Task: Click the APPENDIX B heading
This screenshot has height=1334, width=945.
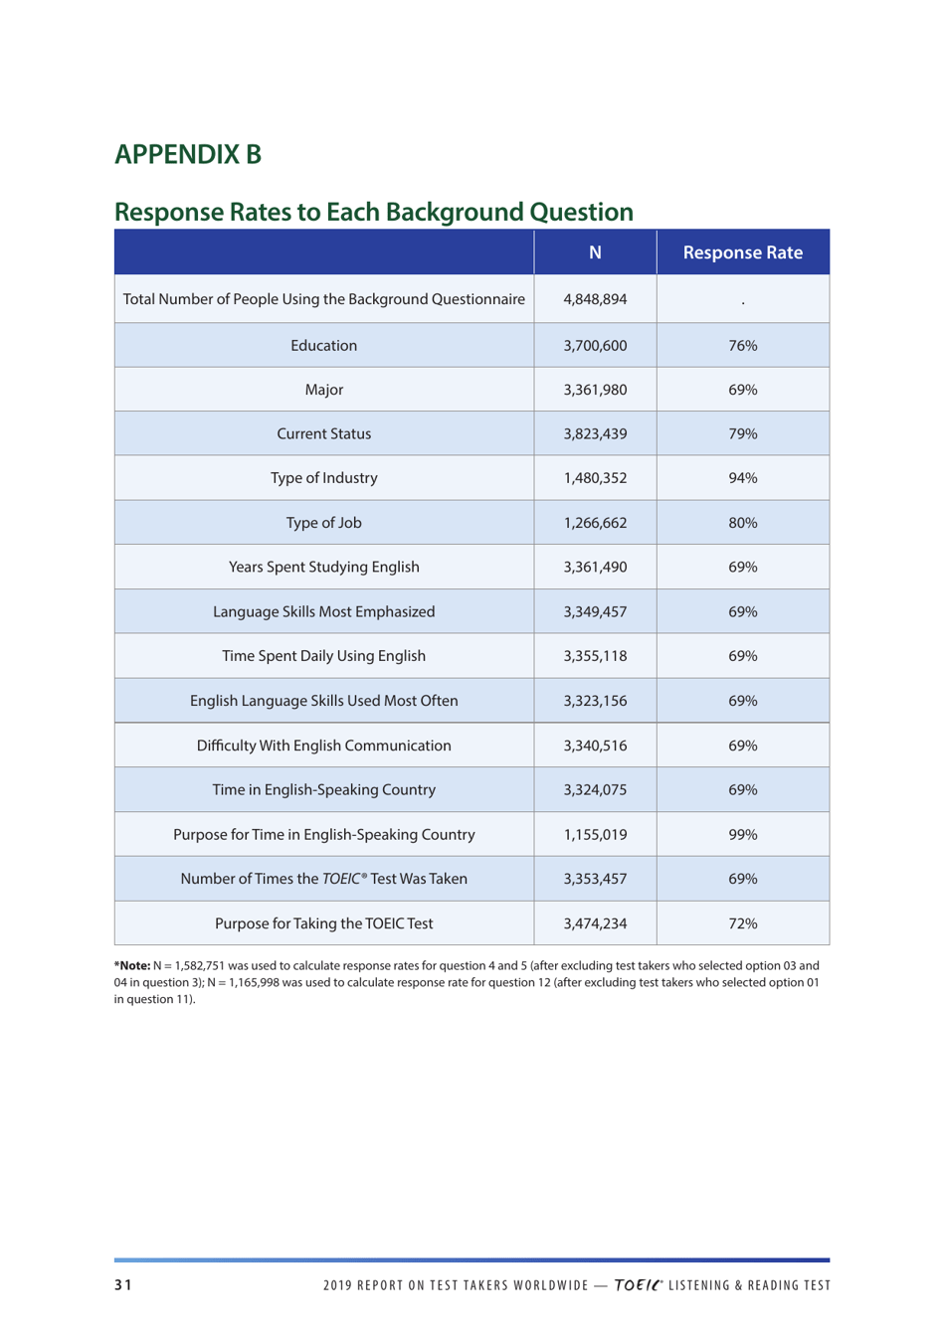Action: click(187, 154)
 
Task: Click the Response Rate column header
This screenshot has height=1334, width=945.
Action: click(742, 252)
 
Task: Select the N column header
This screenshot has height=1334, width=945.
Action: click(595, 252)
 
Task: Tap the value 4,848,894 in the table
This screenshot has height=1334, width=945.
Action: click(595, 299)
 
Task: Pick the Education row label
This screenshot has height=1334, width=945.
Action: click(323, 346)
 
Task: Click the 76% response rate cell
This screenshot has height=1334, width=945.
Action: click(742, 346)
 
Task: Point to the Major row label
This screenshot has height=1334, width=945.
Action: click(323, 390)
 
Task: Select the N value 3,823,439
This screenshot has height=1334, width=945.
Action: click(595, 433)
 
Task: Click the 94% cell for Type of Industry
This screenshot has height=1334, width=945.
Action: click(742, 478)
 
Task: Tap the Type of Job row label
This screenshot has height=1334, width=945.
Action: click(323, 523)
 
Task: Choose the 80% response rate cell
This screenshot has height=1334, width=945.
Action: click(742, 523)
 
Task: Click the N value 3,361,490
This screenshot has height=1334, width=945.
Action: click(595, 568)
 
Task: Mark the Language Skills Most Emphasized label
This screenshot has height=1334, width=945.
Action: click(323, 611)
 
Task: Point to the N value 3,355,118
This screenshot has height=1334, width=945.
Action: click(595, 656)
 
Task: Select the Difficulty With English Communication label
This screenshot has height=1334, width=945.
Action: click(323, 746)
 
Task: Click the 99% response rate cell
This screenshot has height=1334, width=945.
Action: click(742, 835)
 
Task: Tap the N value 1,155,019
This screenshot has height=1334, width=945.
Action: click(595, 835)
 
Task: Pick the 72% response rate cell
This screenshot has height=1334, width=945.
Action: click(742, 923)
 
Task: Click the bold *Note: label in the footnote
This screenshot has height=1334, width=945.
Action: click(132, 965)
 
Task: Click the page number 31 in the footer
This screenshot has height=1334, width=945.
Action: click(122, 1285)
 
